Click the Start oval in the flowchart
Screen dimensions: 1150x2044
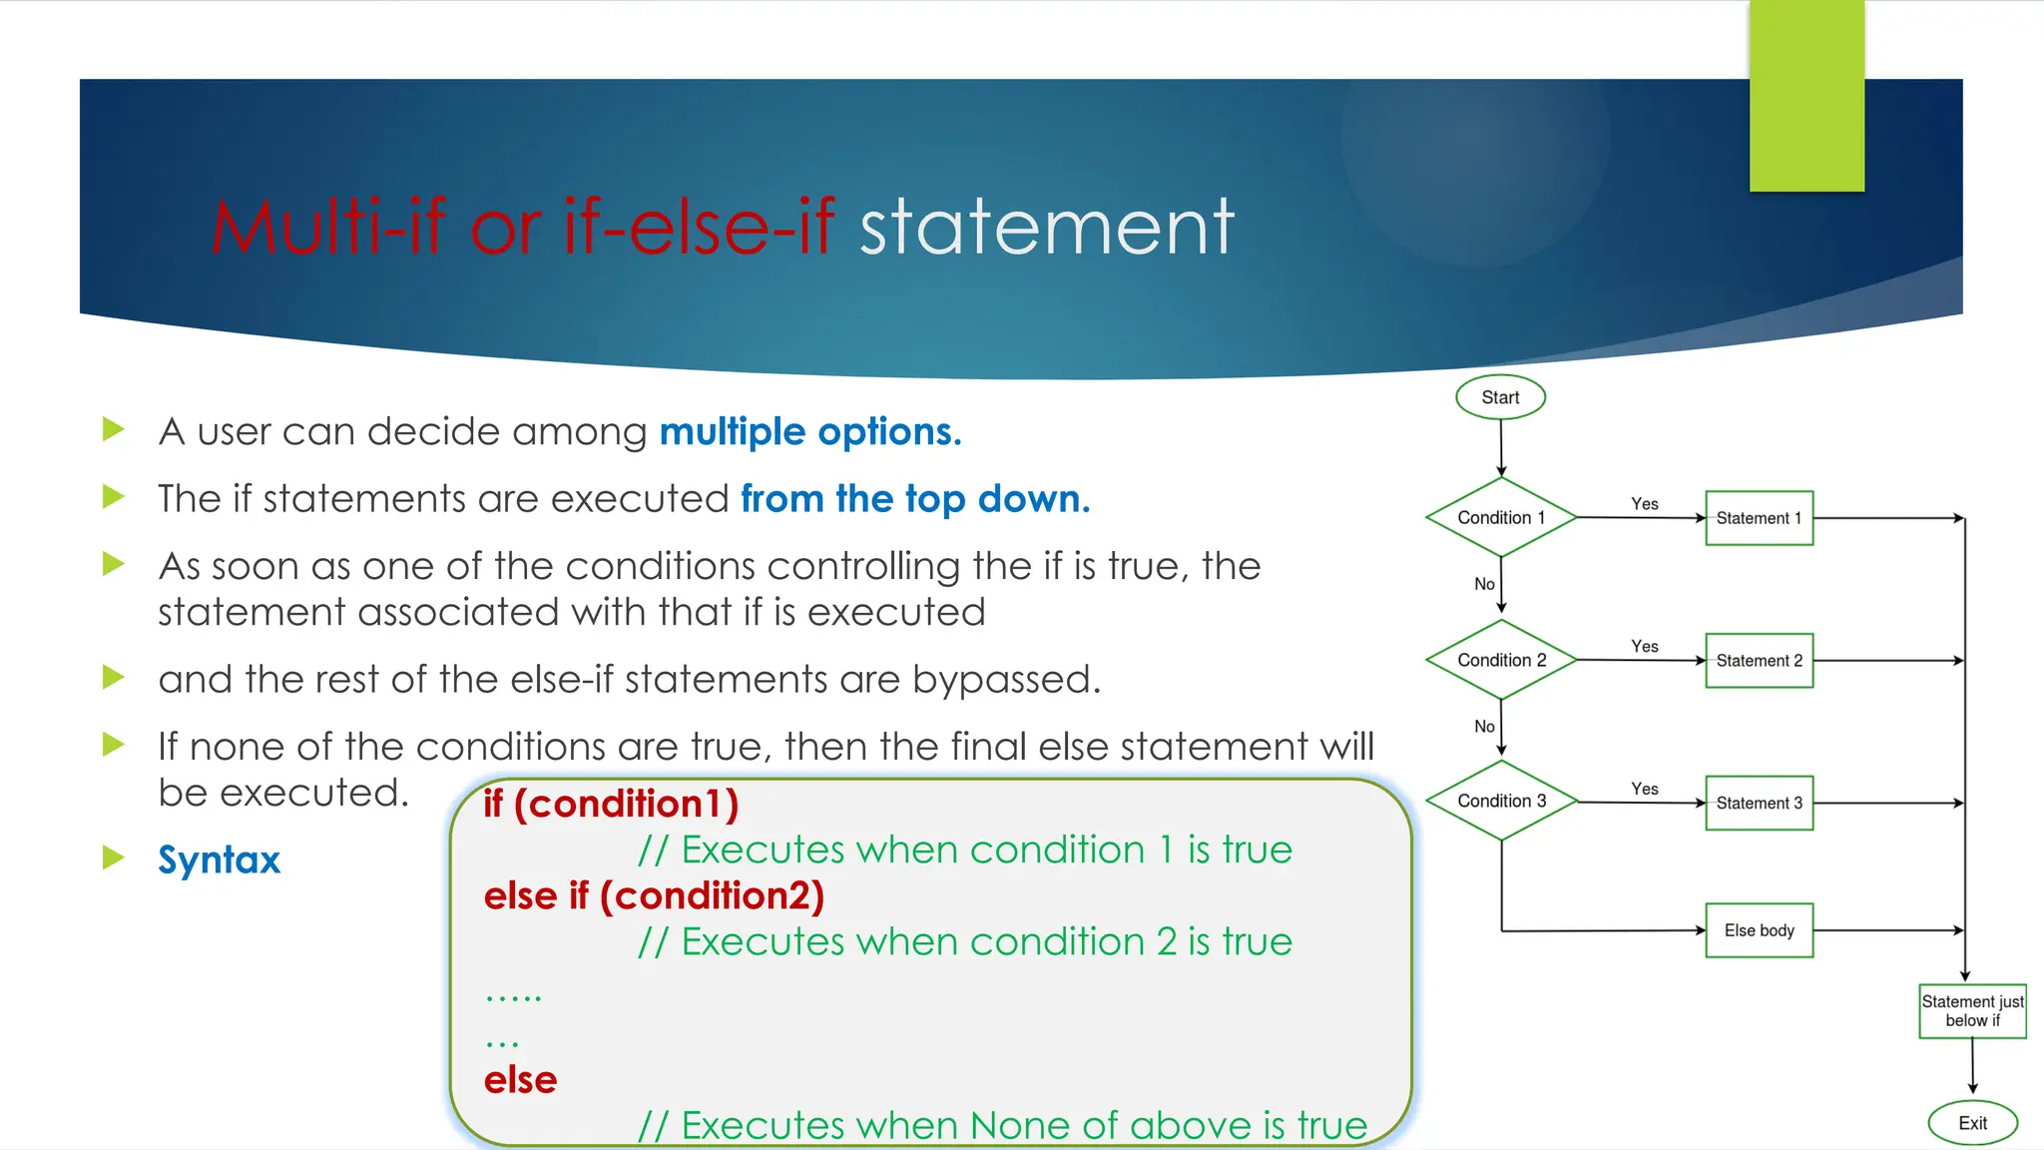[x=1500, y=397]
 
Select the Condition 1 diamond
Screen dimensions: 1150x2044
[x=1501, y=517]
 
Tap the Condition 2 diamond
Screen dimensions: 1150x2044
[x=1501, y=660]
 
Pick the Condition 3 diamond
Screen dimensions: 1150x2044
[x=1501, y=801]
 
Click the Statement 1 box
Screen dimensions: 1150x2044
[x=1759, y=518]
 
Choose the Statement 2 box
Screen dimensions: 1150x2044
[x=1759, y=661]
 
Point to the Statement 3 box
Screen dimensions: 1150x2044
[x=1759, y=803]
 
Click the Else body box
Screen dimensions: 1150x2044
[x=1759, y=930]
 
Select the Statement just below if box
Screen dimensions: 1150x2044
[x=1972, y=1011]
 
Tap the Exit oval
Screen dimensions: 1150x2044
[x=1972, y=1123]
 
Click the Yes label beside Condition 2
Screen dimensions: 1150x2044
[x=1645, y=647]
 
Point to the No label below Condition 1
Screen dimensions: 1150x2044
[x=1484, y=584]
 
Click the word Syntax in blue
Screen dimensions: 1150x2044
[x=220, y=860]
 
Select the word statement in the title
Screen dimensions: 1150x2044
[x=1047, y=228]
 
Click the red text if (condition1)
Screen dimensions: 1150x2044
[x=611, y=804]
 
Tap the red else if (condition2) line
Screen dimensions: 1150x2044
[x=654, y=895]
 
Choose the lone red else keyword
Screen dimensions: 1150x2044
[x=520, y=1080]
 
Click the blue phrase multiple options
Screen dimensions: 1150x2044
[x=810, y=431]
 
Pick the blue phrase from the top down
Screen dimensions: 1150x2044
[x=915, y=498]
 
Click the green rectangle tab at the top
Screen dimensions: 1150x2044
[x=1806, y=96]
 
